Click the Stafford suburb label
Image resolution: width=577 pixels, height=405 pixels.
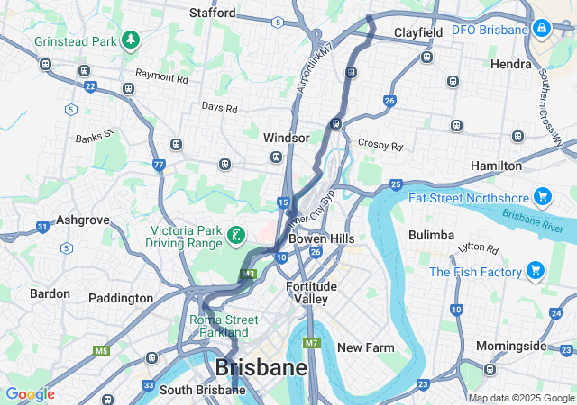tap(213, 13)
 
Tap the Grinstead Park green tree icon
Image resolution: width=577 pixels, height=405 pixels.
tap(132, 40)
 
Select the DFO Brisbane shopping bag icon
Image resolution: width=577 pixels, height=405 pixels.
tap(542, 30)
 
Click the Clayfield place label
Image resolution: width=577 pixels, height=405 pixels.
tap(418, 32)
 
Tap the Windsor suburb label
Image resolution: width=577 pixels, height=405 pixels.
tap(286, 138)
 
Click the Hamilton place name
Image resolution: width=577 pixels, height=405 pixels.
tap(496, 166)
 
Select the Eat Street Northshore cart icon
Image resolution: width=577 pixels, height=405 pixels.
tap(542, 197)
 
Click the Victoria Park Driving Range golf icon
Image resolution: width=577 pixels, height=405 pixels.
tap(236, 236)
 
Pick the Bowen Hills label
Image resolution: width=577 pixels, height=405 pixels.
tap(321, 238)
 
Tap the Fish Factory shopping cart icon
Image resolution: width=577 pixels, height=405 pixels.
tap(535, 271)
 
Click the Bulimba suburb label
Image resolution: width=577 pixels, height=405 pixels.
tap(431, 235)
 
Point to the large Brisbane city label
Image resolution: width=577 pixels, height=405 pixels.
tap(261, 368)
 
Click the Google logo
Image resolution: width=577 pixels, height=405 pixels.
tap(30, 394)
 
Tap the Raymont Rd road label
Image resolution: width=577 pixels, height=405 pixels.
tap(161, 78)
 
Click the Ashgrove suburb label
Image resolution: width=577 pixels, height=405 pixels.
tap(82, 220)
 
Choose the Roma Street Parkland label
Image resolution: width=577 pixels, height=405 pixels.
tap(224, 326)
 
